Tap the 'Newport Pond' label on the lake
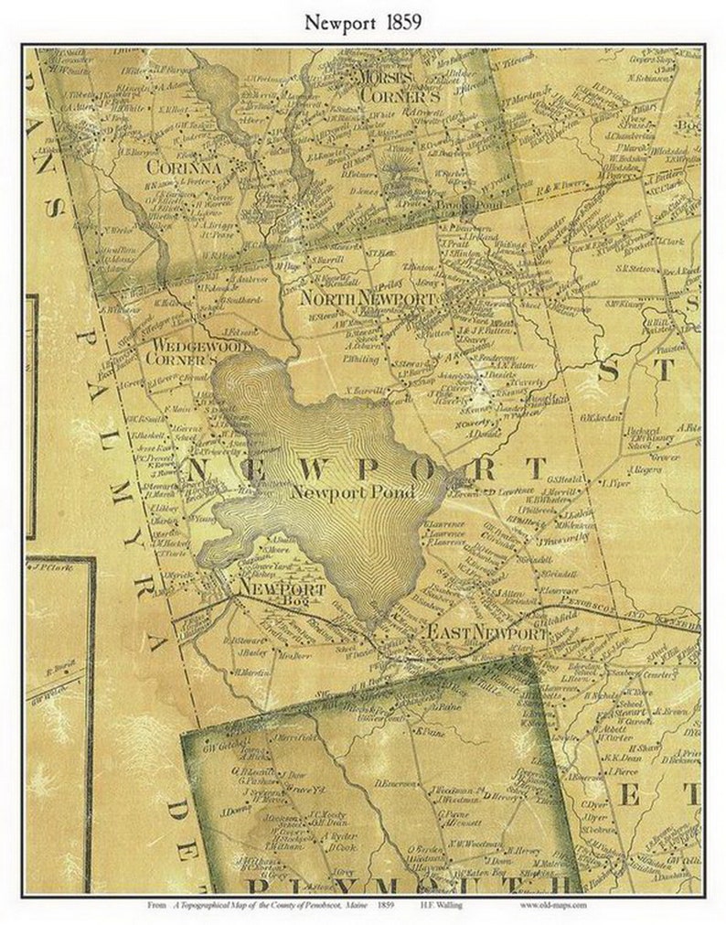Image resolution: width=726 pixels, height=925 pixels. pyautogui.click(x=353, y=491)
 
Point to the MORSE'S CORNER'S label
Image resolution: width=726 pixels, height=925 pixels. pyautogui.click(x=386, y=83)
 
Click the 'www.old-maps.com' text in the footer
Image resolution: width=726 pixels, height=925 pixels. pyautogui.click(x=555, y=905)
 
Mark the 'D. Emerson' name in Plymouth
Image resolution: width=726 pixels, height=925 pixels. pyautogui.click(x=398, y=783)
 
